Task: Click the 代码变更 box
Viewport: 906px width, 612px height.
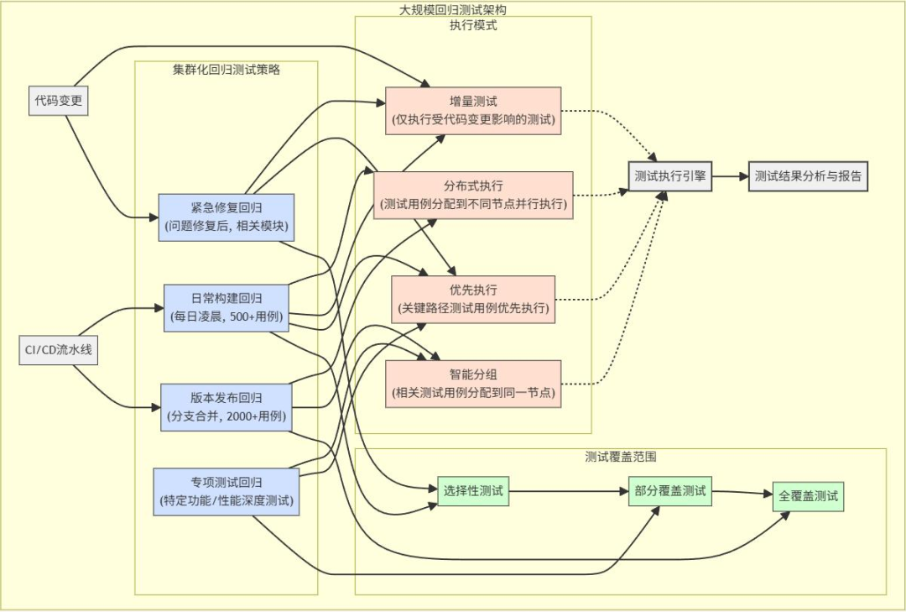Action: click(58, 101)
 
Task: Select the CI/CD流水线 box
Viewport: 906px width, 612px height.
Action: click(59, 350)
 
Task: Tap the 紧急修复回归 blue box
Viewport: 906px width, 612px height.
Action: click(226, 217)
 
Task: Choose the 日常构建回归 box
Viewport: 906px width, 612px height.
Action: click(226, 308)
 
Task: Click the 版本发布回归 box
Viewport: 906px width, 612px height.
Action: click(226, 407)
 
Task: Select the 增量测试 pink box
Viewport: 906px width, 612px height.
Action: click(473, 111)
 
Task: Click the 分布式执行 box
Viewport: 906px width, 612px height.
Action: click(473, 195)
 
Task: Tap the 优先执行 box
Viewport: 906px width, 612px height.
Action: click(473, 300)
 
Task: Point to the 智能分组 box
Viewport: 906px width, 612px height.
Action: click(473, 384)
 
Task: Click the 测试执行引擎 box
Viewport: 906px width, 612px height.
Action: click(670, 176)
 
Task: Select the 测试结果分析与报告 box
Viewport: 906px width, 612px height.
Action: click(807, 176)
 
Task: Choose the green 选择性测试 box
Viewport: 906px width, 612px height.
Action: click(473, 491)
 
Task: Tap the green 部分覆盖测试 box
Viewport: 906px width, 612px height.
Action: click(669, 491)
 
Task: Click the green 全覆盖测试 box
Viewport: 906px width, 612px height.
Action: click(807, 496)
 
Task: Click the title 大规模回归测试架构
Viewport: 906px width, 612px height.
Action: click(452, 10)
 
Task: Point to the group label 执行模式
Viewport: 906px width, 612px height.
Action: click(473, 25)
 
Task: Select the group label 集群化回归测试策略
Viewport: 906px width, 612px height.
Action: click(226, 70)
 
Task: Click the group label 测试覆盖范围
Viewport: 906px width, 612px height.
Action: click(621, 458)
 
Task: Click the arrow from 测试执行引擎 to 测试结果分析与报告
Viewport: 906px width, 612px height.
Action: click(731, 176)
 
